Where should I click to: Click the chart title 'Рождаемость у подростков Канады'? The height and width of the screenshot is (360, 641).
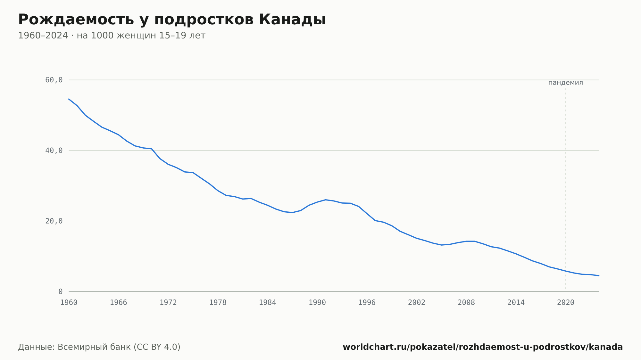click(x=172, y=20)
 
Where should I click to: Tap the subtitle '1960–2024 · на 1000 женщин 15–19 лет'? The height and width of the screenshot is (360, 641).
click(x=112, y=36)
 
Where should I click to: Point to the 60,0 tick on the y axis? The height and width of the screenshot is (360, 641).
click(x=54, y=80)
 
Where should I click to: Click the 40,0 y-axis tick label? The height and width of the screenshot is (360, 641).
click(x=54, y=151)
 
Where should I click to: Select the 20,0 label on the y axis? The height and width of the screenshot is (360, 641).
click(x=54, y=221)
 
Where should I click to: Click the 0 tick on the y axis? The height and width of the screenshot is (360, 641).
click(x=61, y=291)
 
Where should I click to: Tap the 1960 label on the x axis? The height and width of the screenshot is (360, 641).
click(x=69, y=303)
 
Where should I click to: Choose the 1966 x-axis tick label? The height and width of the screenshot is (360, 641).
click(x=119, y=303)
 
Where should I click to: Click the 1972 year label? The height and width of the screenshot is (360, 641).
click(x=168, y=303)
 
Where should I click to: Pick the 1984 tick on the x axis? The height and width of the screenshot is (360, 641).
click(x=268, y=303)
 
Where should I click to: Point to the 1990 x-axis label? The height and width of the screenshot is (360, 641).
click(x=317, y=303)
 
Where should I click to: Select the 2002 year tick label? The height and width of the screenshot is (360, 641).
click(x=417, y=303)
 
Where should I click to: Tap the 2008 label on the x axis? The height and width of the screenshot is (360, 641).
click(x=466, y=303)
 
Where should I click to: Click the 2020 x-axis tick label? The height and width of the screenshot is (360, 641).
click(x=566, y=303)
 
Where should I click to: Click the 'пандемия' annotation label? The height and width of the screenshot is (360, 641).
click(x=566, y=83)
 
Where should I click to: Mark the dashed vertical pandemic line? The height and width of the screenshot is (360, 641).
click(x=566, y=189)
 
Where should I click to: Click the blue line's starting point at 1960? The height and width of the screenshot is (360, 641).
click(x=69, y=99)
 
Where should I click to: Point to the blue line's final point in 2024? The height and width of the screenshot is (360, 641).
click(x=599, y=275)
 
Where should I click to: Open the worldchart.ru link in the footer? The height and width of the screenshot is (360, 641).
click(x=483, y=347)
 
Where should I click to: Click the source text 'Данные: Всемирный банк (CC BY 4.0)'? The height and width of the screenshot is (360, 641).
click(x=99, y=347)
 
